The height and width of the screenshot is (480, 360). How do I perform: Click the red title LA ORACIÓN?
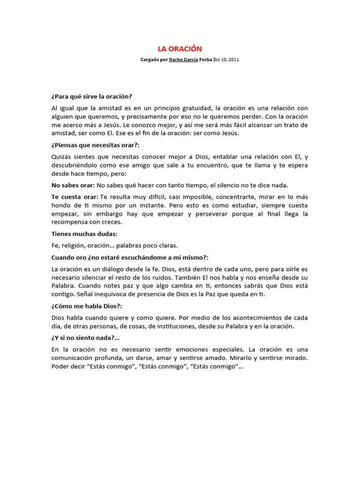[x=179, y=49]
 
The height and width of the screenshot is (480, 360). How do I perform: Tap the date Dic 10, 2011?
[x=226, y=60]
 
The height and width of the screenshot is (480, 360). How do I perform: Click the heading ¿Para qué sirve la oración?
[x=92, y=97]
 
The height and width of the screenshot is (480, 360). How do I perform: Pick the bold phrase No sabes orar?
[x=73, y=185]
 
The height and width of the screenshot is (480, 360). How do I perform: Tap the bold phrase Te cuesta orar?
[x=75, y=196]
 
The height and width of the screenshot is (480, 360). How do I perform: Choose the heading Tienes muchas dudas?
[x=84, y=233]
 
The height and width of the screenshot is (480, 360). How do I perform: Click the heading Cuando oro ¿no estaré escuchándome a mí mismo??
[x=130, y=257]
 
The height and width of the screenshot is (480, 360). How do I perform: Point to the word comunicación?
[x=73, y=358]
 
